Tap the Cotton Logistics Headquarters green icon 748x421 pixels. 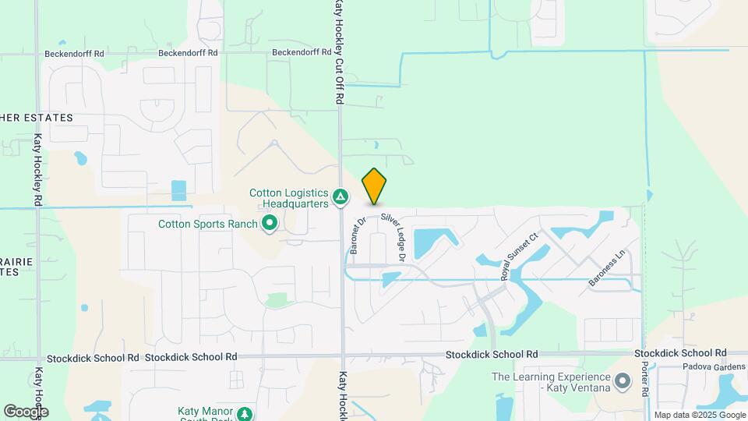[340, 198]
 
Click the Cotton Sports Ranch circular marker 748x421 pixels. [270, 225]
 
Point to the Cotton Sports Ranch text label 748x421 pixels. [207, 224]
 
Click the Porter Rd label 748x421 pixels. [645, 381]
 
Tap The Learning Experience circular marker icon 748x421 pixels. [623, 381]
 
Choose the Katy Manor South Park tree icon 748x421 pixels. [245, 413]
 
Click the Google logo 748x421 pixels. [26, 411]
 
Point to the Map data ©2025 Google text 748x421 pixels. [699, 415]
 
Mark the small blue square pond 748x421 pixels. [179, 191]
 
